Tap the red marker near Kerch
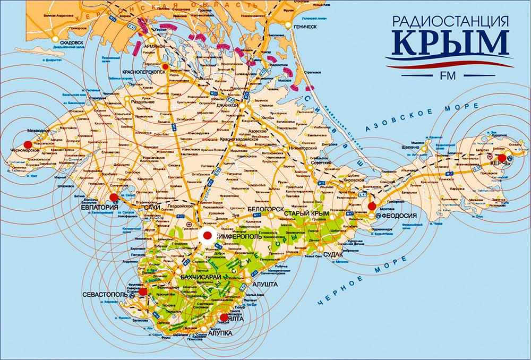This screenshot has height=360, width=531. pos(501,158)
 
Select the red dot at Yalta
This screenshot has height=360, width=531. pos(224,318)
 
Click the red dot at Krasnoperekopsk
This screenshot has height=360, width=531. pos(165,66)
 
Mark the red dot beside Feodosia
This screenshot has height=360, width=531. pos(372,206)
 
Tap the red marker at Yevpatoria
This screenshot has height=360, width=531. pos(113,198)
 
